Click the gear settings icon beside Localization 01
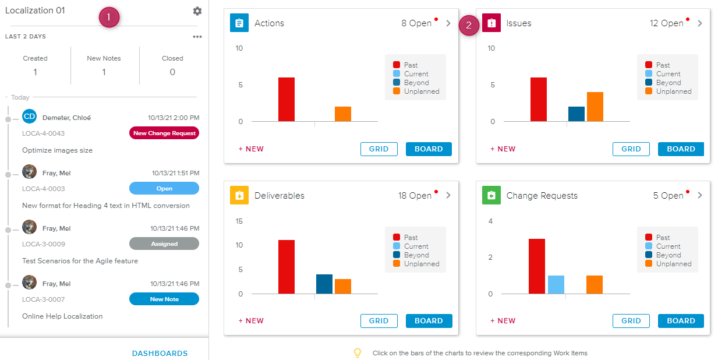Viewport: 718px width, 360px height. point(197,11)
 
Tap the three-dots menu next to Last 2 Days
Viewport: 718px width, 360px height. point(197,37)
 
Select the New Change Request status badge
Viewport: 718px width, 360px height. point(164,133)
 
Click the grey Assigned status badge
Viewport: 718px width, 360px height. point(164,243)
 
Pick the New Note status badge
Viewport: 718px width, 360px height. point(164,299)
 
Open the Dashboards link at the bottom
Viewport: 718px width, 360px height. point(160,353)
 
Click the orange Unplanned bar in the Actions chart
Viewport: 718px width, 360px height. point(343,114)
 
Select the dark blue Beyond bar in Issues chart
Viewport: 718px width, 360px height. point(576,114)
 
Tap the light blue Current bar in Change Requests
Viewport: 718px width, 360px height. point(556,285)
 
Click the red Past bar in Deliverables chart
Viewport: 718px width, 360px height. point(286,267)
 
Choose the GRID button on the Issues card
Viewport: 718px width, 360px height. point(631,149)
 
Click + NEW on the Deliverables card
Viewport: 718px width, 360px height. point(251,320)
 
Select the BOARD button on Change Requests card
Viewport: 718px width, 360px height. point(681,320)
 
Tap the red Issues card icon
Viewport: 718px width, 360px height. point(491,23)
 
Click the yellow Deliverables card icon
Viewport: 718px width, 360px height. point(239,196)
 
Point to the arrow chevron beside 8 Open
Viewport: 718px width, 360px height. point(448,23)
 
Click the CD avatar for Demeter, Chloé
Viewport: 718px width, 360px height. point(30,117)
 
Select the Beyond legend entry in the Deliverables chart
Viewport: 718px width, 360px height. point(416,255)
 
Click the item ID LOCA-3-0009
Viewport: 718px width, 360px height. point(44,244)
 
